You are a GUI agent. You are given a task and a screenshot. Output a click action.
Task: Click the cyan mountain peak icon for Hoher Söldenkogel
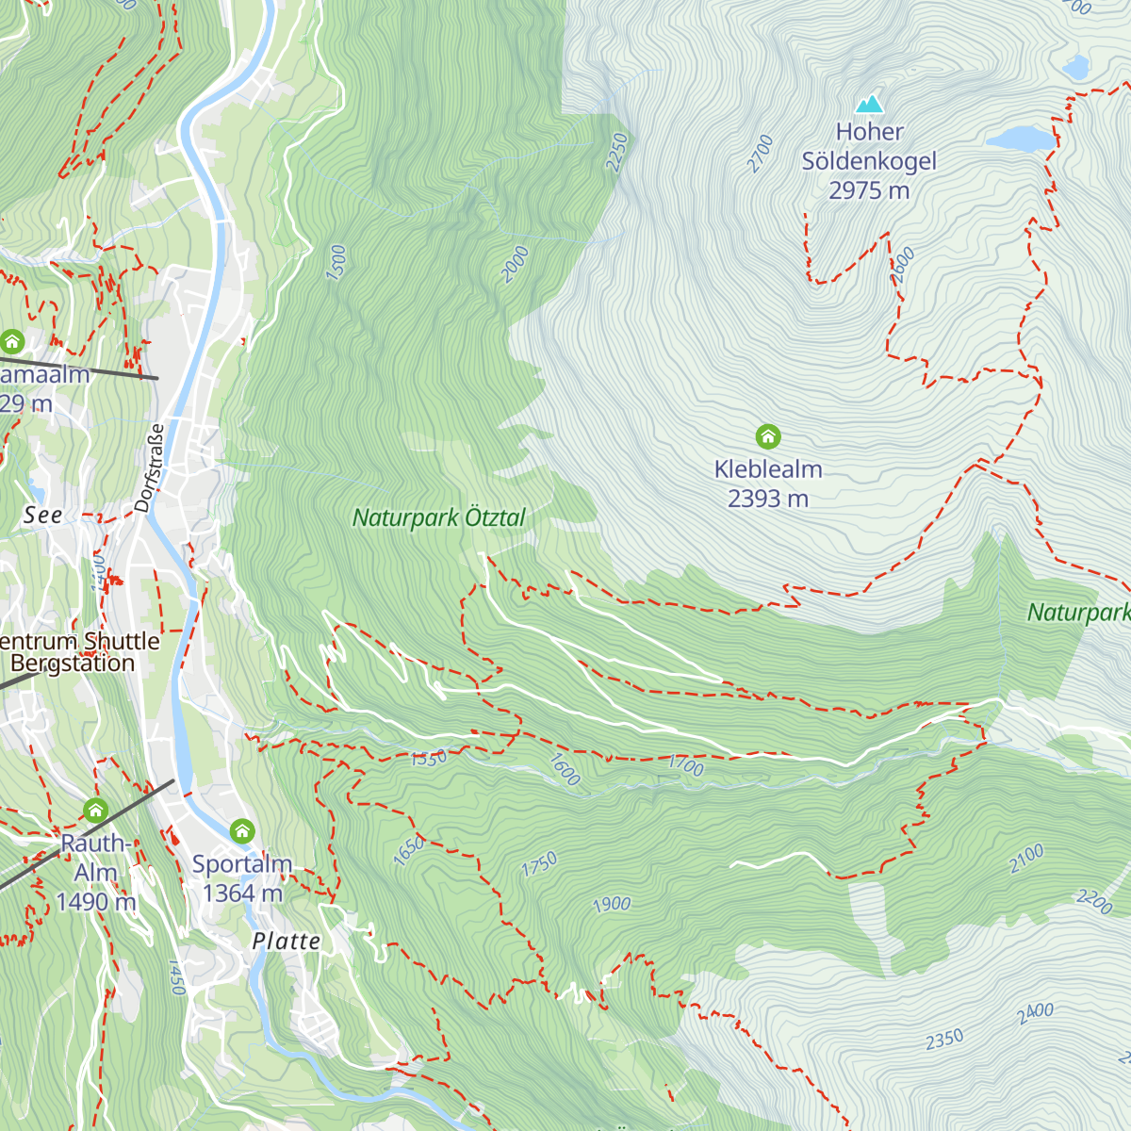pyautogui.click(x=869, y=103)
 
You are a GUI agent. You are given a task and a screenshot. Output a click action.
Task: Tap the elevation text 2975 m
pyautogui.click(x=869, y=190)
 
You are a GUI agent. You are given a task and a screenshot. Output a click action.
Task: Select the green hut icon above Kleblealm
pyautogui.click(x=768, y=436)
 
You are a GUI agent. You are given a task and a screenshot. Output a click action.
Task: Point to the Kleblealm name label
pyautogui.click(x=768, y=468)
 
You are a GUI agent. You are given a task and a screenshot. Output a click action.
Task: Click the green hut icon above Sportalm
pyautogui.click(x=242, y=830)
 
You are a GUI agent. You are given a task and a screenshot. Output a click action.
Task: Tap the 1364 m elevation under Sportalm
pyautogui.click(x=242, y=893)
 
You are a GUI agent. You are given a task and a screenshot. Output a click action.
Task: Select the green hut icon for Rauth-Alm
pyautogui.click(x=95, y=810)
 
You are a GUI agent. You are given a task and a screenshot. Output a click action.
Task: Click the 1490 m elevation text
pyautogui.click(x=95, y=902)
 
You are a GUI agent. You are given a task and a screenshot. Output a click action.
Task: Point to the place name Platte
pyautogui.click(x=287, y=941)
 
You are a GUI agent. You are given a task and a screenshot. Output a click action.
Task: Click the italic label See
pyautogui.click(x=43, y=515)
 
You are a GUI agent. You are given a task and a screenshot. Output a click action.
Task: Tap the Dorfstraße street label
pyautogui.click(x=150, y=467)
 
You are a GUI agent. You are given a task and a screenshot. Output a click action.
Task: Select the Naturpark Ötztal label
pyautogui.click(x=438, y=517)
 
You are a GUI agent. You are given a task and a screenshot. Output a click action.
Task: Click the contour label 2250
pyautogui.click(x=616, y=152)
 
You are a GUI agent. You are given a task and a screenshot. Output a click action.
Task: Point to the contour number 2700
pyautogui.click(x=760, y=154)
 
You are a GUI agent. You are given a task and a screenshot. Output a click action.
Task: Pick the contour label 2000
pyautogui.click(x=515, y=264)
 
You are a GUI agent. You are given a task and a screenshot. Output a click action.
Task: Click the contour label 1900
pyautogui.click(x=611, y=905)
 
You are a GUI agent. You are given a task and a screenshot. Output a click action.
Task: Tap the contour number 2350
pyautogui.click(x=943, y=1039)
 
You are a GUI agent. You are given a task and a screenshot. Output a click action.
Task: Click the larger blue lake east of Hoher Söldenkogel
pyautogui.click(x=1021, y=139)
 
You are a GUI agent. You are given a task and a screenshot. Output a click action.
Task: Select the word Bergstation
pyautogui.click(x=73, y=663)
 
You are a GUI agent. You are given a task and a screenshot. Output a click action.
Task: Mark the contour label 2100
pyautogui.click(x=1026, y=858)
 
